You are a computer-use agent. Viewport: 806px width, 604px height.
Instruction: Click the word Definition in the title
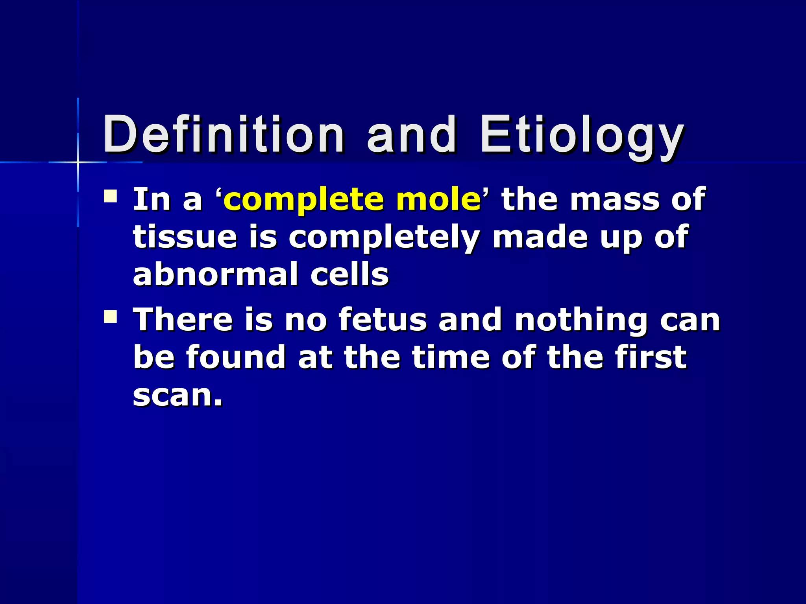click(x=224, y=134)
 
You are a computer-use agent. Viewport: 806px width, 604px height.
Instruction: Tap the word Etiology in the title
click(x=582, y=136)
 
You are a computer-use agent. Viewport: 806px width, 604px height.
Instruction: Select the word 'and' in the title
click(x=412, y=134)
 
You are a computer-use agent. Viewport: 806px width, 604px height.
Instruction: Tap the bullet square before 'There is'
click(x=111, y=317)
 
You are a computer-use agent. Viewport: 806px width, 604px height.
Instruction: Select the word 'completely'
click(x=384, y=238)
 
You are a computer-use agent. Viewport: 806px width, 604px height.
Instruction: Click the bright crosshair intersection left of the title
click(x=78, y=162)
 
